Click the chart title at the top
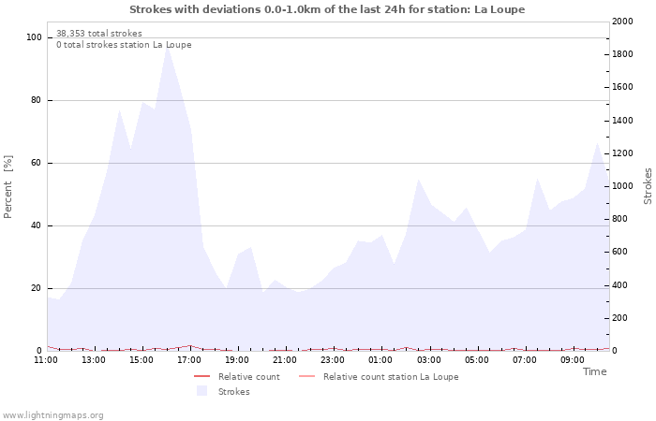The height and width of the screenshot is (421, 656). coord(327,9)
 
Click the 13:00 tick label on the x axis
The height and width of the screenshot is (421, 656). coord(94,359)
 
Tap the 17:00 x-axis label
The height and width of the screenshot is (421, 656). coord(190,359)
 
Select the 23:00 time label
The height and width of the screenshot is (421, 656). coord(333,359)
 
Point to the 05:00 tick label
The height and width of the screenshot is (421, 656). coord(477,359)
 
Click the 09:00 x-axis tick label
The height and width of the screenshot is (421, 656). coord(573,359)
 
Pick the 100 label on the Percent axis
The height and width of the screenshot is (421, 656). coord(35,37)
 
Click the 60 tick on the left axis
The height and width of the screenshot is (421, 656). coord(37,163)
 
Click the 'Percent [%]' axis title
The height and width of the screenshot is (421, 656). coord(9,187)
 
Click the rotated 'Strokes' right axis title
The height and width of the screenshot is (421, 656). coord(648,186)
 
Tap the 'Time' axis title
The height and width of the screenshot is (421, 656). coord(594,371)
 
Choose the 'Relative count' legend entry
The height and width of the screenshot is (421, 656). coord(248,377)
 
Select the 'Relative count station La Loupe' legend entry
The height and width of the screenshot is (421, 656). coord(391,377)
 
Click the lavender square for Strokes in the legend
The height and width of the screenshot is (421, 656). coord(201,391)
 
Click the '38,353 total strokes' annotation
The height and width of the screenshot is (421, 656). coord(99,34)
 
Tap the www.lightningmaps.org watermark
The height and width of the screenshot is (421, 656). coord(53,414)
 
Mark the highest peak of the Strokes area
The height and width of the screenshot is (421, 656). coord(167,46)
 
